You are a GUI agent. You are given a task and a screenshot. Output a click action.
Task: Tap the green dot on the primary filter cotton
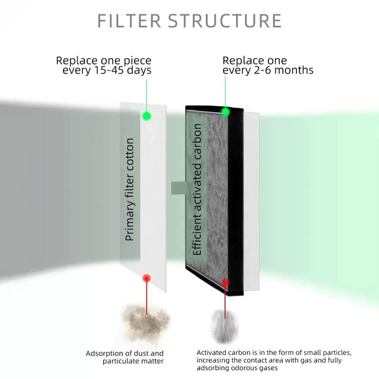147,116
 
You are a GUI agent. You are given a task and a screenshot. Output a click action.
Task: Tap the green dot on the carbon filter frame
225,111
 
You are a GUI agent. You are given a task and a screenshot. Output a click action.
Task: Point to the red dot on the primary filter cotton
147,278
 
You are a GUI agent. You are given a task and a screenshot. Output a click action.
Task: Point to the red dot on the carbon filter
225,282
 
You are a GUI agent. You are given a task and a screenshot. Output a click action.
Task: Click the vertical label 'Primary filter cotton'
130,189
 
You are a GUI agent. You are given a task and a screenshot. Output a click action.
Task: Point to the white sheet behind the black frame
252,202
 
